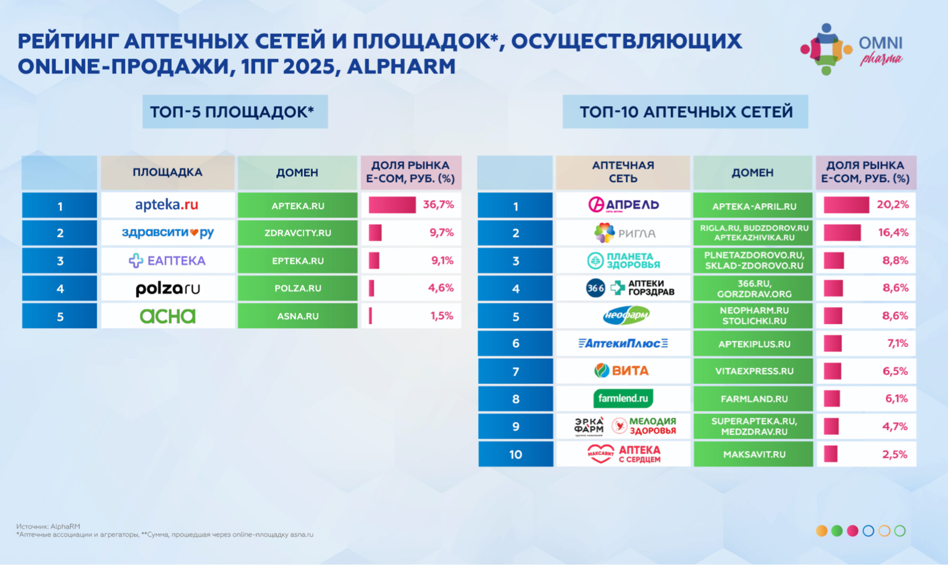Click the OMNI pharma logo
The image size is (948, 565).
click(852, 49)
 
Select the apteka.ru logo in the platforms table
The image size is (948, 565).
click(166, 205)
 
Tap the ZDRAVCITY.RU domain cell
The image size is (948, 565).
click(297, 233)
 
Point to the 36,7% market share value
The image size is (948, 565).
click(438, 205)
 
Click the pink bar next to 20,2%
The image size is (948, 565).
click(846, 205)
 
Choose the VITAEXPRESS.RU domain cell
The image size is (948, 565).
click(754, 371)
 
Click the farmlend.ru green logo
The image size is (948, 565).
click(623, 399)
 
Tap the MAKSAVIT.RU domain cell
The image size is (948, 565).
click(754, 454)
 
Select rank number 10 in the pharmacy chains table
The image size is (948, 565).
click(515, 454)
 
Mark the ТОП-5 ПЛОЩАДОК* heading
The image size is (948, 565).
click(235, 112)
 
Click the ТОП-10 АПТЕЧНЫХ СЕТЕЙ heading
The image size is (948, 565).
click(686, 112)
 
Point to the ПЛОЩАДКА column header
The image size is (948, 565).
click(168, 172)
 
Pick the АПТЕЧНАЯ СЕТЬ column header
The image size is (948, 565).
click(623, 172)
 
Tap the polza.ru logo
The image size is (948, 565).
click(168, 288)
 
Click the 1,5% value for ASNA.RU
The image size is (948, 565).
click(442, 316)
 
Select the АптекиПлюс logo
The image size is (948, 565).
click(623, 343)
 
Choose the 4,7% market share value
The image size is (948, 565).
click(895, 426)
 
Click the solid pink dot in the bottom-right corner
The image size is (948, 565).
click(853, 531)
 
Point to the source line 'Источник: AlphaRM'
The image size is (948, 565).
click(48, 526)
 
